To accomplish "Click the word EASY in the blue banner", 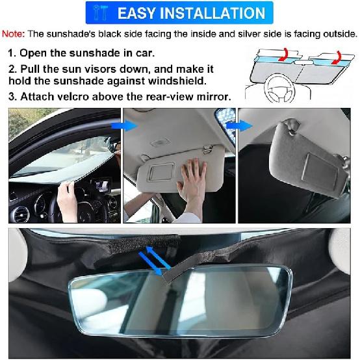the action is [136, 13].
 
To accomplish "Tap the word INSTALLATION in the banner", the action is [212, 13].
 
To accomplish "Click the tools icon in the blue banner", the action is [100, 13].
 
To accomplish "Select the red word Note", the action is [13, 34].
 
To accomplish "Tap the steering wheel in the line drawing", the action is [279, 89].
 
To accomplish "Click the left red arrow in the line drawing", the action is [284, 55].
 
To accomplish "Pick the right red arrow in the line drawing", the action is [337, 57].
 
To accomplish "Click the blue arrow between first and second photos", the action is [124, 126].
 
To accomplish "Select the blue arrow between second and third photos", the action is [239, 126].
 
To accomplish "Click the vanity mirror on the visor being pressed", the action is [162, 172].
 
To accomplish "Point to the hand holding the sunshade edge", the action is [67, 202].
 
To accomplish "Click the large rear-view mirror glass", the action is [181, 300].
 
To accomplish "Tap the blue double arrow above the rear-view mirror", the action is [155, 261].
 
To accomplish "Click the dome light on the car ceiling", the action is [160, 143].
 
